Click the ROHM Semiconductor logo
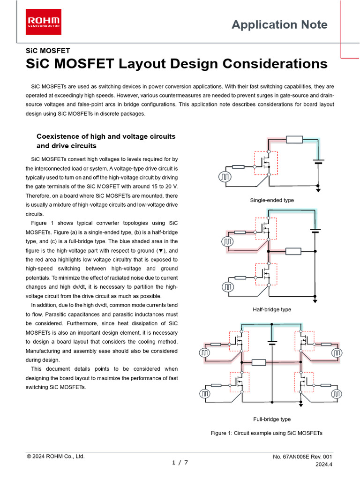coord(44,22)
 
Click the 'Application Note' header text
coord(279,25)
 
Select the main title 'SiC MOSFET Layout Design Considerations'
coord(176,64)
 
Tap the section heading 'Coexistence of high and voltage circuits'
coord(106,136)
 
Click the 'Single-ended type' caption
coord(272,200)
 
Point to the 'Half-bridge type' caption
coord(272,310)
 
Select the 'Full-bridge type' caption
coord(272,419)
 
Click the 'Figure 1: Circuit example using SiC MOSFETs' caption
coord(267,433)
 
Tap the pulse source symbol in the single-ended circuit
coord(225,177)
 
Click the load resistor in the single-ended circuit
coord(295,139)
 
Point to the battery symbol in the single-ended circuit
coord(318,162)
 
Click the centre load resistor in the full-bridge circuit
coord(259,362)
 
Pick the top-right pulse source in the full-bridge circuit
coord(337,352)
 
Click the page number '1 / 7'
coord(180,463)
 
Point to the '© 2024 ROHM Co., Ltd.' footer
coord(56,456)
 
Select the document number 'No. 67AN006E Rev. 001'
coord(302,457)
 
